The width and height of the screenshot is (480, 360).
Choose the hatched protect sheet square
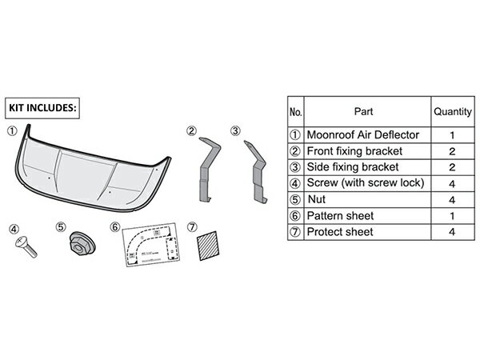tap(210, 245)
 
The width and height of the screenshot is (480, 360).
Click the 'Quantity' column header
tap(452, 112)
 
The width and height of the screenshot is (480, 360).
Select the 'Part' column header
tap(362, 112)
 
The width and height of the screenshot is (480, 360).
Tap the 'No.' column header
tap(294, 112)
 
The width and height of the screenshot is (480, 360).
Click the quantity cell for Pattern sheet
tap(452, 216)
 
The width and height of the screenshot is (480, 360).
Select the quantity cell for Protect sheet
tap(452, 232)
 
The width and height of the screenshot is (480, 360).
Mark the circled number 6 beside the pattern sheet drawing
tap(115, 226)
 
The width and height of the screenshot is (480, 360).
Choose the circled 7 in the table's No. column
tap(294, 232)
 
